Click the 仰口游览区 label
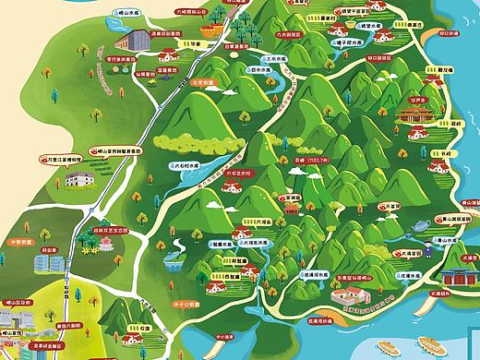(x=380, y=57)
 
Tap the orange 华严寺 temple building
(x=416, y=114)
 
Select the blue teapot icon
(x=418, y=222)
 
